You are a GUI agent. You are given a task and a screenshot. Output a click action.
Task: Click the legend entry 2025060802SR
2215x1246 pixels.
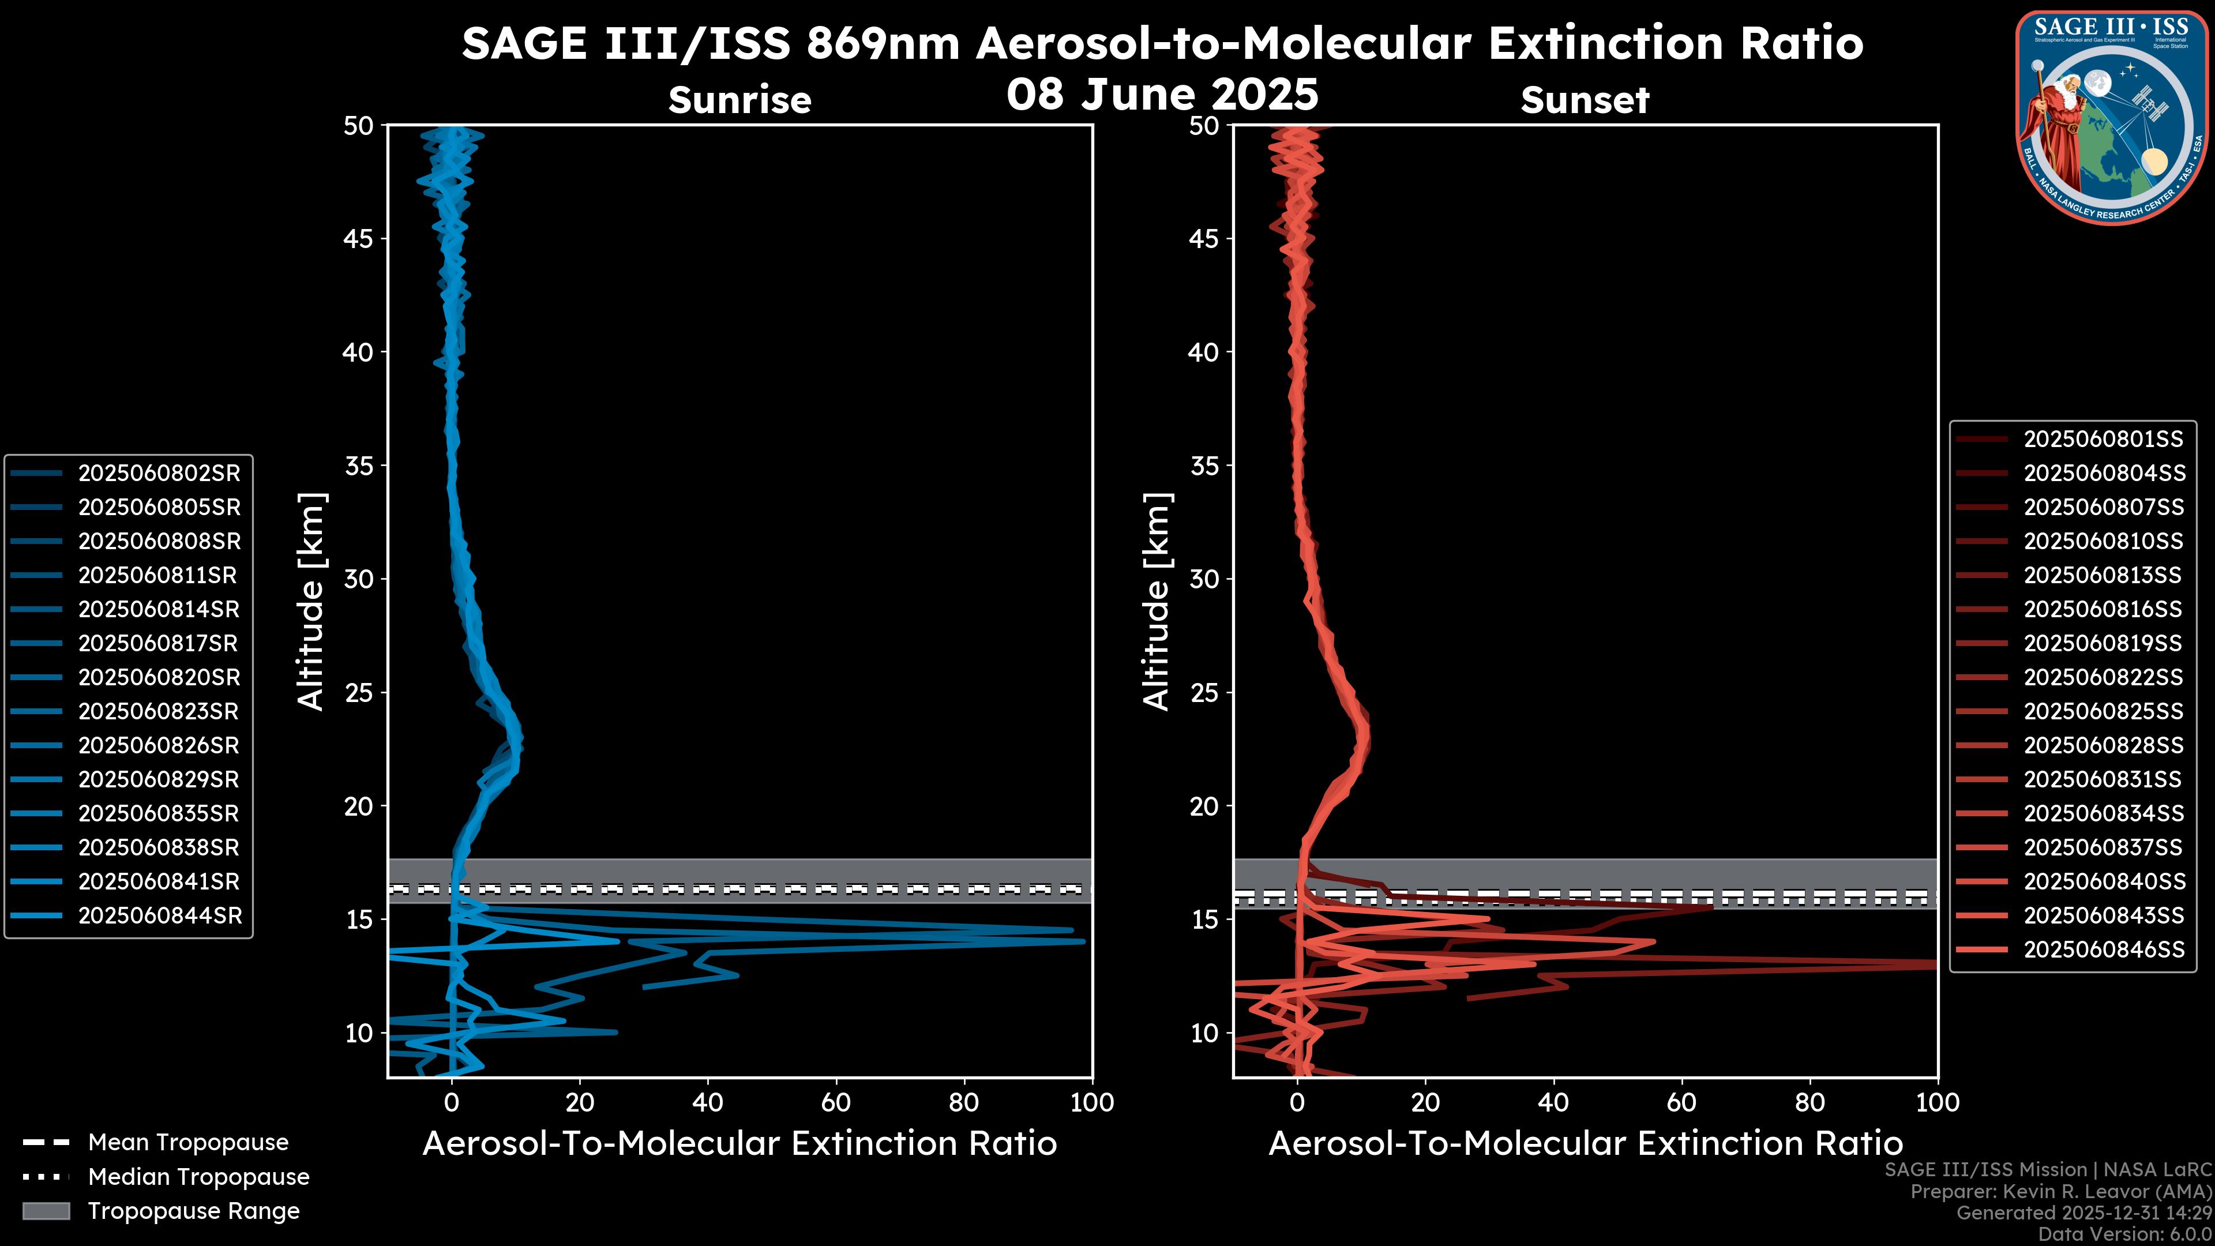pos(159,474)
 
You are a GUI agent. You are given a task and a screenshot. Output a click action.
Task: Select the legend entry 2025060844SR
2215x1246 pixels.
pos(159,917)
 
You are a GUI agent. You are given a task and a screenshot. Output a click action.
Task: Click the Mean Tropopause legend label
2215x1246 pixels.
pos(188,1143)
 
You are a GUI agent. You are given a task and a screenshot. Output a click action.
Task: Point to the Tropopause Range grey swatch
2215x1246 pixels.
pos(46,1211)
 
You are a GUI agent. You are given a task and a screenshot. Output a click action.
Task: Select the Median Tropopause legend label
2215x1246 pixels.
pos(198,1177)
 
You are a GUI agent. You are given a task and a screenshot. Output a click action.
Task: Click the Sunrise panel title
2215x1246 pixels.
pos(739,100)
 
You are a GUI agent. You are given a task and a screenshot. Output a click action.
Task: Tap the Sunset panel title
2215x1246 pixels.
pos(1585,100)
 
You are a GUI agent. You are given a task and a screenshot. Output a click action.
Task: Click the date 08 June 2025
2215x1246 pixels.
pos(1162,95)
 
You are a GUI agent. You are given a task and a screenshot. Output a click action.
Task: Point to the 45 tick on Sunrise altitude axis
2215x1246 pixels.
pos(359,239)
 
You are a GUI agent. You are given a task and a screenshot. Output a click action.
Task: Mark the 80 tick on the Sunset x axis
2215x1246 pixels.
pos(1810,1102)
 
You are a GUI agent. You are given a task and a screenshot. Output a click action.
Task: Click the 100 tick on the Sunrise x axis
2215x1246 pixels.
pos(1092,1102)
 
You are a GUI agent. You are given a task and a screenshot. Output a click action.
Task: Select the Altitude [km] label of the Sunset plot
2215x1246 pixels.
pos(1157,602)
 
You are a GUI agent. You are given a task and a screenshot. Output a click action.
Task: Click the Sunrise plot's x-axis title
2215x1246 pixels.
pos(739,1144)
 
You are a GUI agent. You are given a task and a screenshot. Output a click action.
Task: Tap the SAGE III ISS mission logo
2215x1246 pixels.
pos(2111,116)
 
